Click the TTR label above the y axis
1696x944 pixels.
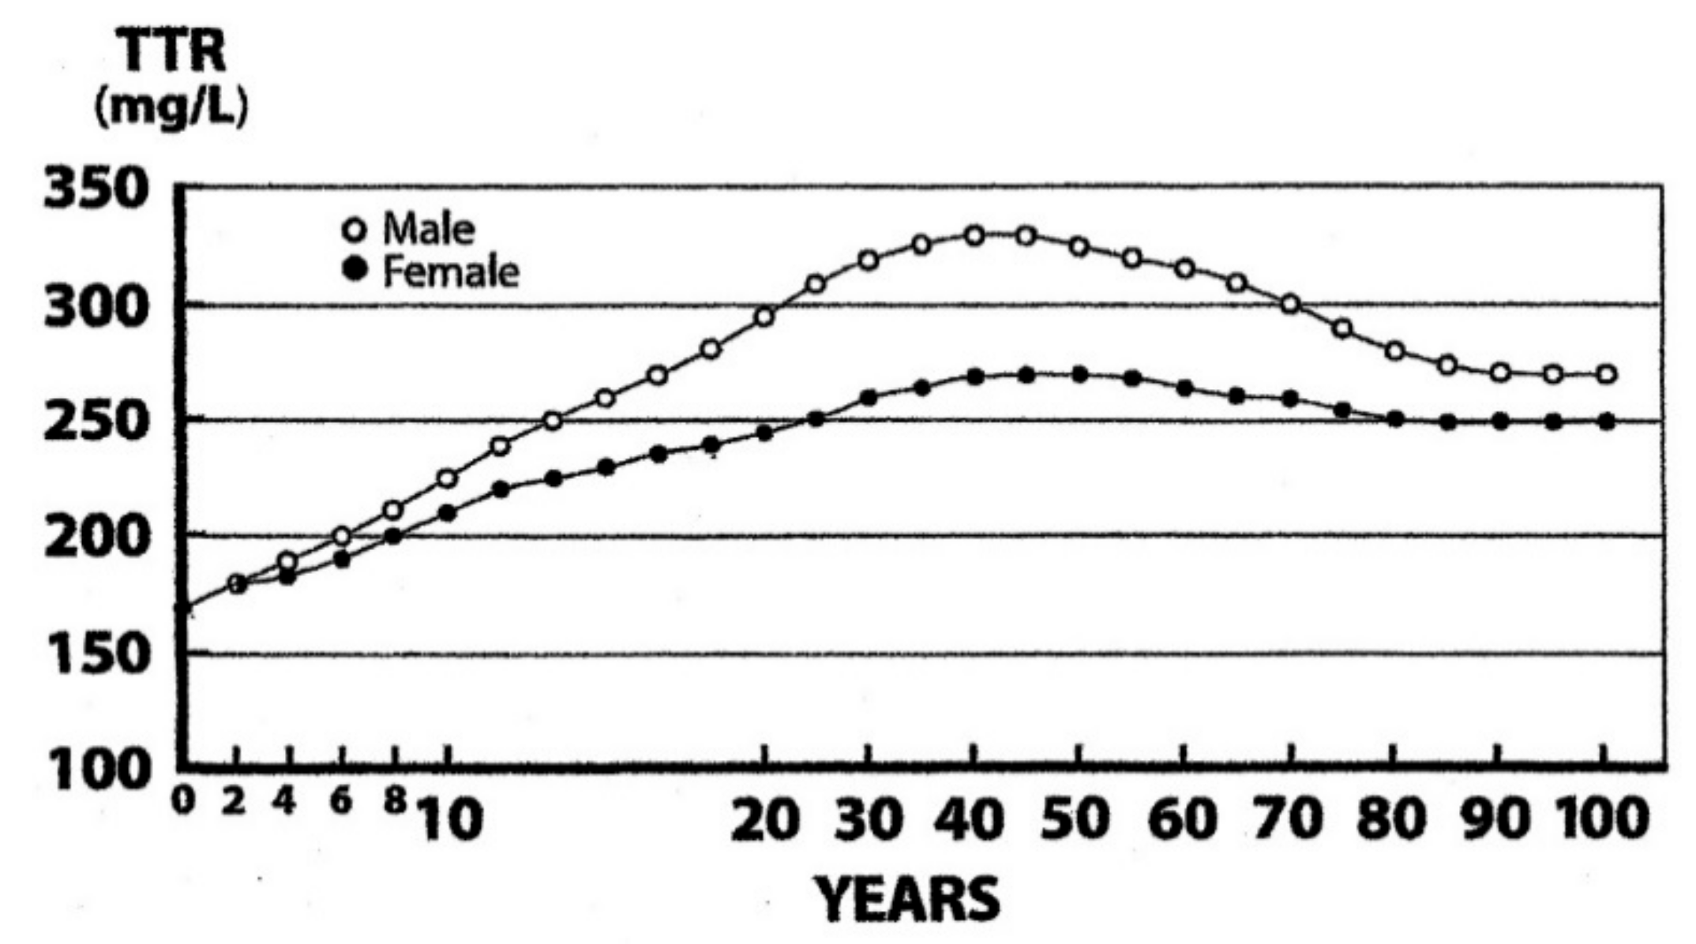point(172,53)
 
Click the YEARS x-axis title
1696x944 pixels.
point(907,901)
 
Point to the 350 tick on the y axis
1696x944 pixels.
point(96,191)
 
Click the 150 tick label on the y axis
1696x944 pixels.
point(96,655)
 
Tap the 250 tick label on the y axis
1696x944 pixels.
point(96,423)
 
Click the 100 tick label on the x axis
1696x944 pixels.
point(1602,820)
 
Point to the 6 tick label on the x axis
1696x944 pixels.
point(341,802)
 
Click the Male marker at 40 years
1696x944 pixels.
point(974,236)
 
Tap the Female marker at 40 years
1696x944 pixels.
point(974,377)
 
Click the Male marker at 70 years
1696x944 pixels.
point(1290,304)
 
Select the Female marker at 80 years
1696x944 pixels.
point(1395,419)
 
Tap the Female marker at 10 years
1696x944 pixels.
point(447,513)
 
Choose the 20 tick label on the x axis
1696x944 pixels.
point(762,820)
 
